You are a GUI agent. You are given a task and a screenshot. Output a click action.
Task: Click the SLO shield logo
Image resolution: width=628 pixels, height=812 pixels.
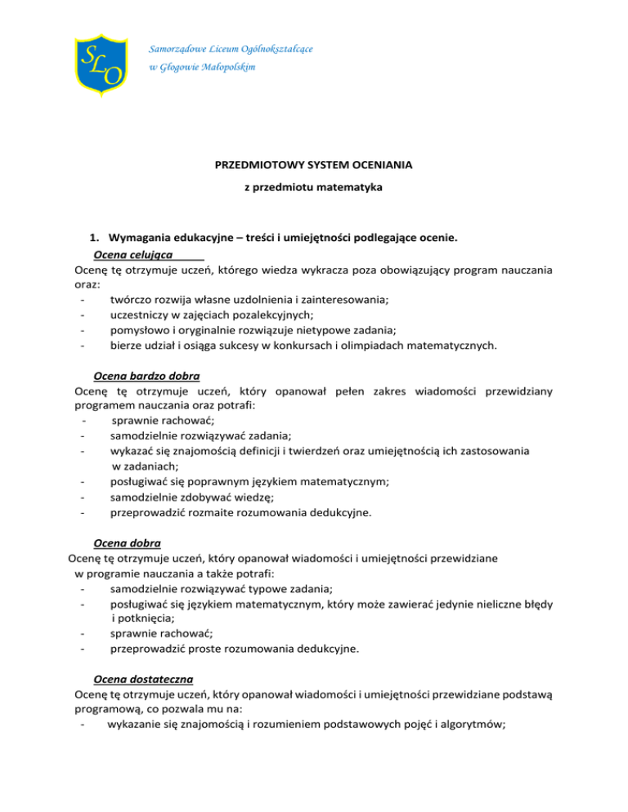point(100,62)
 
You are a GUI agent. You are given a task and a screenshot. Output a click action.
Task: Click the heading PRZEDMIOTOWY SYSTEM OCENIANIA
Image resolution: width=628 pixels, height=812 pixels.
point(313,165)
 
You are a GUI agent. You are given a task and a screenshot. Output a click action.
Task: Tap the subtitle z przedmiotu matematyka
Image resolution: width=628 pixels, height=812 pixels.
point(314,188)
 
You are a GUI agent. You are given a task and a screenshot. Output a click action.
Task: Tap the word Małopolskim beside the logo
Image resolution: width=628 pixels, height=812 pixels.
point(225,67)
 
